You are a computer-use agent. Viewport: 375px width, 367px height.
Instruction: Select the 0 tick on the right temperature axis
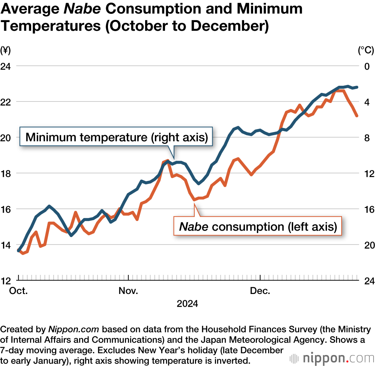[367, 66]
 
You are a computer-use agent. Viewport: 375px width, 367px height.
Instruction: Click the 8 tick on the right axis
[367, 138]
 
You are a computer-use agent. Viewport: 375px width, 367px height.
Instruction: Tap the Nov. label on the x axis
[129, 291]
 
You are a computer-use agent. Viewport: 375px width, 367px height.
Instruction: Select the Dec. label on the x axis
[260, 291]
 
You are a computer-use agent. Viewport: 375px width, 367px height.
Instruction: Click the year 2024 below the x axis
[187, 303]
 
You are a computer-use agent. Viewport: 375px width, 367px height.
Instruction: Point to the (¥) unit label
[6, 49]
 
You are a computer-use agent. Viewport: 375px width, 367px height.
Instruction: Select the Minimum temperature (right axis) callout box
[116, 137]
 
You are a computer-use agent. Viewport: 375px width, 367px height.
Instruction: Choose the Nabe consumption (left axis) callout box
[258, 227]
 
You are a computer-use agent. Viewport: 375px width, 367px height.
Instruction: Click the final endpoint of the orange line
[357, 116]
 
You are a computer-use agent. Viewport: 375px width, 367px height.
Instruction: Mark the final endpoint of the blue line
[357, 87]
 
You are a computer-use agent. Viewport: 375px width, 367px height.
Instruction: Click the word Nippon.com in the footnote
[73, 330]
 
